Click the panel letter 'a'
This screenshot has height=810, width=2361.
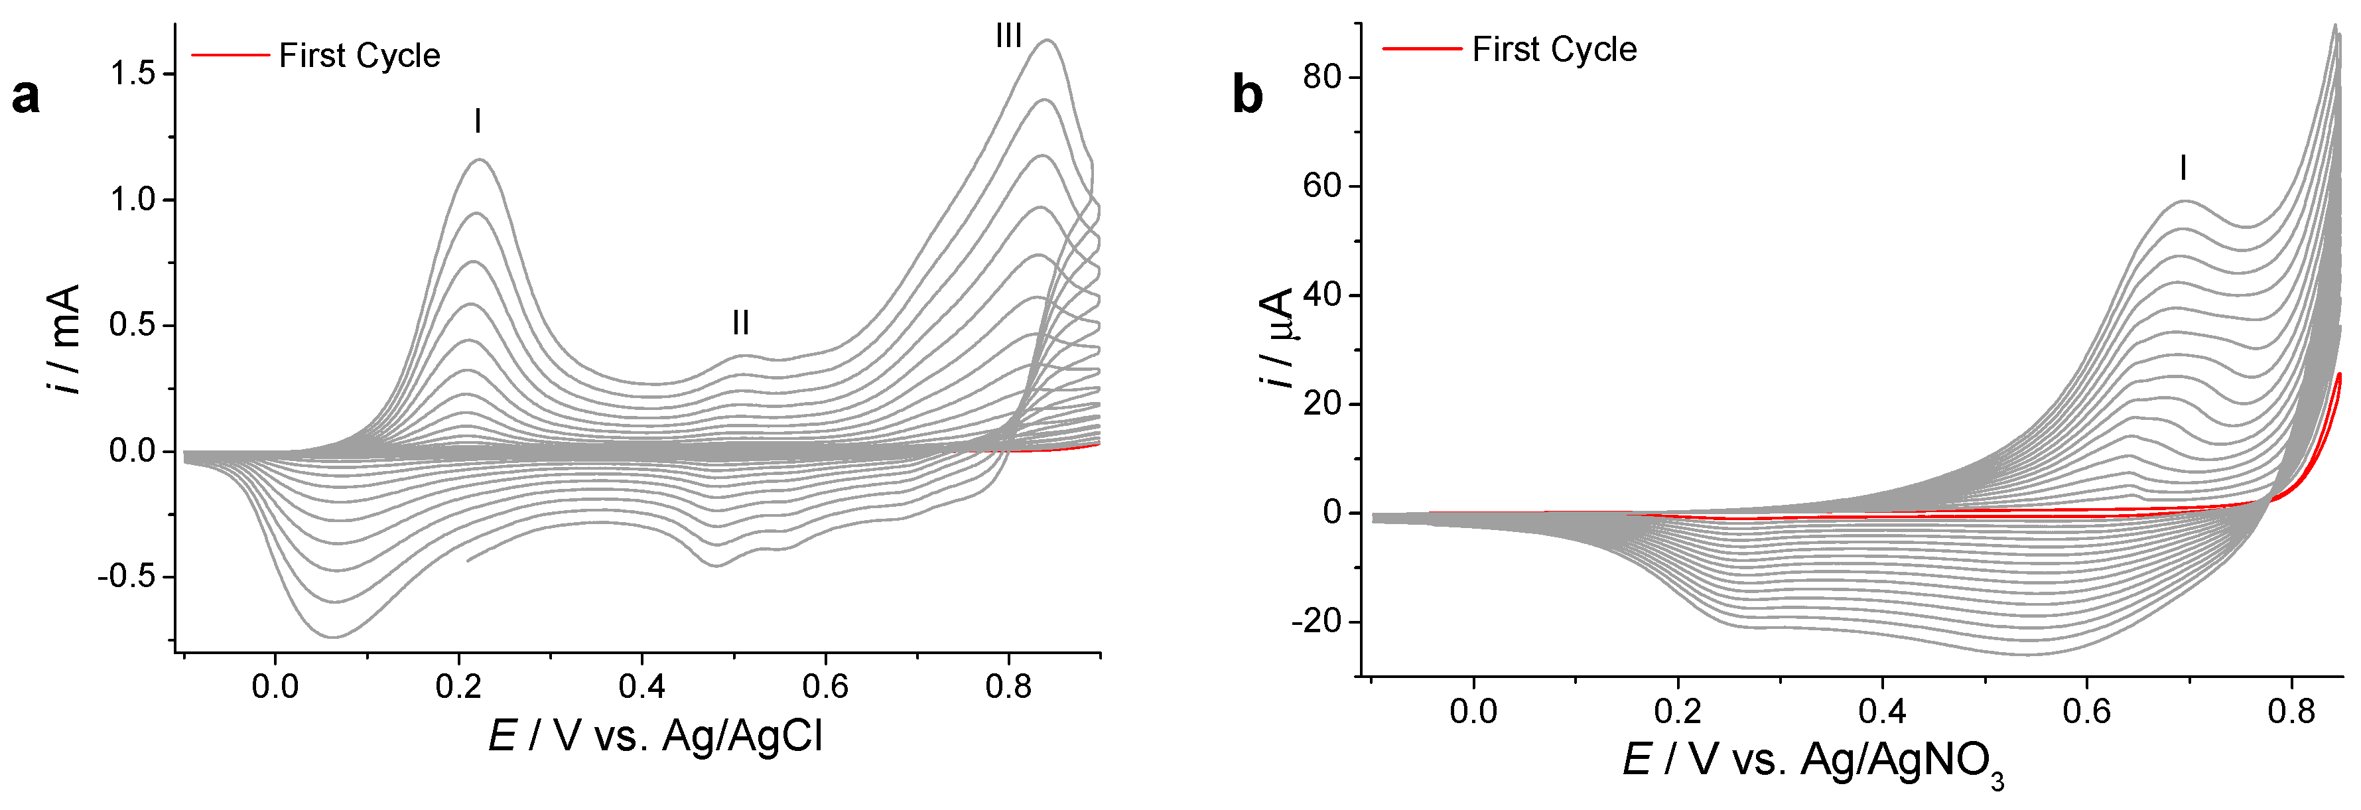[26, 96]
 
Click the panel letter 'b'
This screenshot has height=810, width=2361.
[1247, 94]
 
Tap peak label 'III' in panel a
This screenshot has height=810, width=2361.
[1008, 36]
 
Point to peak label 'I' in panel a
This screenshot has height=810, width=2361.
[478, 121]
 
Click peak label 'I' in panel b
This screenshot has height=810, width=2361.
[2183, 169]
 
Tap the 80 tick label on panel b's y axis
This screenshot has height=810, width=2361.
[1321, 77]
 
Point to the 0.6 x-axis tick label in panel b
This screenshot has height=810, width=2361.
[2087, 711]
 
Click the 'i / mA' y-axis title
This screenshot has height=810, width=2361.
[64, 339]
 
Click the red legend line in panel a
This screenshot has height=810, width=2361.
[229, 55]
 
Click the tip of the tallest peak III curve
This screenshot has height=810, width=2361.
[1047, 40]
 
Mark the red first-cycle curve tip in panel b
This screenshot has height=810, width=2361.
[2340, 374]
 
